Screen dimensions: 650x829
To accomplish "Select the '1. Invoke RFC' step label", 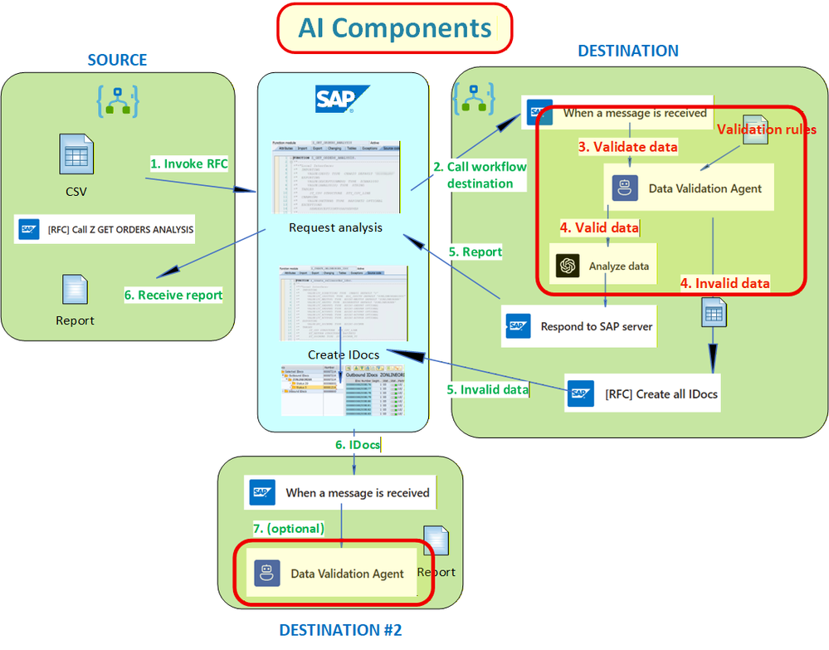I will tap(188, 164).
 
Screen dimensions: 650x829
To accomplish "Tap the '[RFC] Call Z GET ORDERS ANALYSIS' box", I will tap(104, 229).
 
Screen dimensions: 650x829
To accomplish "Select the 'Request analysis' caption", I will tap(335, 227).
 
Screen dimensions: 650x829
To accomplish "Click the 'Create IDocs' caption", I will tap(344, 354).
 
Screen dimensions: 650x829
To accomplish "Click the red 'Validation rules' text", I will tap(766, 130).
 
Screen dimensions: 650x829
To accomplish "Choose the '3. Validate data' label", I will tap(627, 147).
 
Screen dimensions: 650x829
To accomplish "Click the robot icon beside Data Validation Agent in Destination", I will tap(625, 188).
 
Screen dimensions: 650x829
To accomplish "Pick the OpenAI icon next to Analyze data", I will tap(568, 266).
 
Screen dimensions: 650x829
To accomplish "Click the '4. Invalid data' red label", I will tap(724, 283).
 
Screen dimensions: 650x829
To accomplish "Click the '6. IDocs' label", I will tap(358, 445).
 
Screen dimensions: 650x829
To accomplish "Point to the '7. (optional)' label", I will tap(288, 528).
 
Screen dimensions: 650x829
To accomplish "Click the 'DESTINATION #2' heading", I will tap(340, 629).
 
